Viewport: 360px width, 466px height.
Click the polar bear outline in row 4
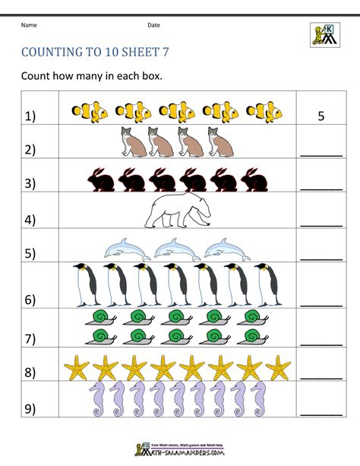[x=178, y=210]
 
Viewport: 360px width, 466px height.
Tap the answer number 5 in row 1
[x=321, y=116]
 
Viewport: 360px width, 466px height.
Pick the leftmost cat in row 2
[x=133, y=142]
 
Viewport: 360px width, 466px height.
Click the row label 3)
[x=30, y=183]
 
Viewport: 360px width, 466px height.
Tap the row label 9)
[x=30, y=411]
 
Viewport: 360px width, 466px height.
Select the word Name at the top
[x=29, y=25]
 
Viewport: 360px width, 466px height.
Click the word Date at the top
[x=153, y=25]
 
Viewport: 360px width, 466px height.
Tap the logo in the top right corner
[x=325, y=33]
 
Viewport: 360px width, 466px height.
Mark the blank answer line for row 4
[x=321, y=224]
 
